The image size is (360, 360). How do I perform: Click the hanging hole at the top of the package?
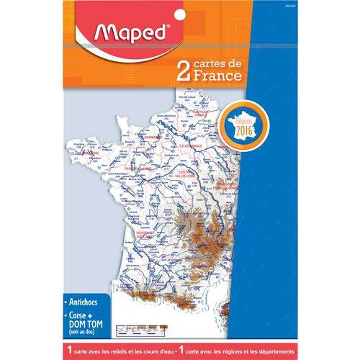coord(179,11)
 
